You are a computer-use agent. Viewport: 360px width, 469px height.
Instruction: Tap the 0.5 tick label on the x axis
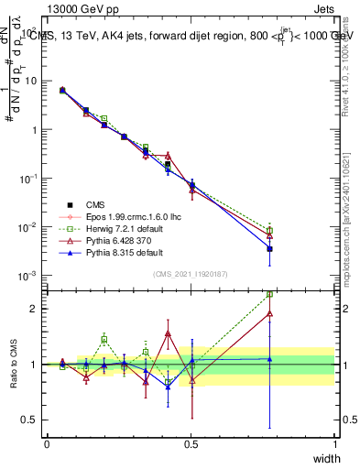[x=191, y=444]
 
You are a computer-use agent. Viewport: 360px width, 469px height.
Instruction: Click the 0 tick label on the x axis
[x=47, y=444]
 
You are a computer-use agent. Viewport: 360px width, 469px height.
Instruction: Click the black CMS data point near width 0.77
[x=270, y=248]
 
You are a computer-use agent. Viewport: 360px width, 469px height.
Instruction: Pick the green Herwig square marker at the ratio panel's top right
[x=270, y=294]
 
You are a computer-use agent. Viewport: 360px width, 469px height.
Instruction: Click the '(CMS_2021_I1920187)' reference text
[x=191, y=274]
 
